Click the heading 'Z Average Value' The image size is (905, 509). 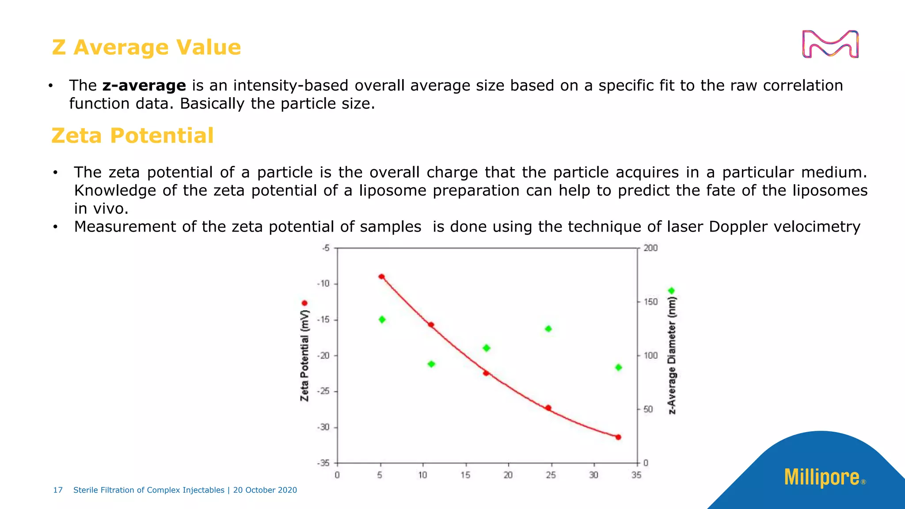pos(146,47)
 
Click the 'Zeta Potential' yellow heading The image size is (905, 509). pos(133,136)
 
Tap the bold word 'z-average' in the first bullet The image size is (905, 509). pos(144,85)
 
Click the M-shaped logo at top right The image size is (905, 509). pos(830,44)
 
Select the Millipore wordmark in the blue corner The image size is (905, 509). pos(822,477)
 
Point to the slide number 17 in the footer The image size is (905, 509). pos(58,490)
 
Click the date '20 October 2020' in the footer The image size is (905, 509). pos(265,490)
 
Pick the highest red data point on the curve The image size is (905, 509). pos(382,277)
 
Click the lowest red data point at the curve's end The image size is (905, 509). pos(618,437)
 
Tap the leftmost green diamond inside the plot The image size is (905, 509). pos(382,319)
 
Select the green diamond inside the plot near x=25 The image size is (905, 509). pos(548,329)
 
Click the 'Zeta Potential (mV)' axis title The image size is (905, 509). pos(304,356)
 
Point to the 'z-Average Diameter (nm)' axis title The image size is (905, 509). pos(672,356)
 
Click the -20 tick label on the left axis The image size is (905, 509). pos(323,356)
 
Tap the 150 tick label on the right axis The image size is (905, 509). pos(650,302)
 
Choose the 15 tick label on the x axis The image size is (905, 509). pos(465,475)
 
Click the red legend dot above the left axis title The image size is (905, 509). pos(304,303)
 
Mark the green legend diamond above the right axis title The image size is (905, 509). pos(672,291)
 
